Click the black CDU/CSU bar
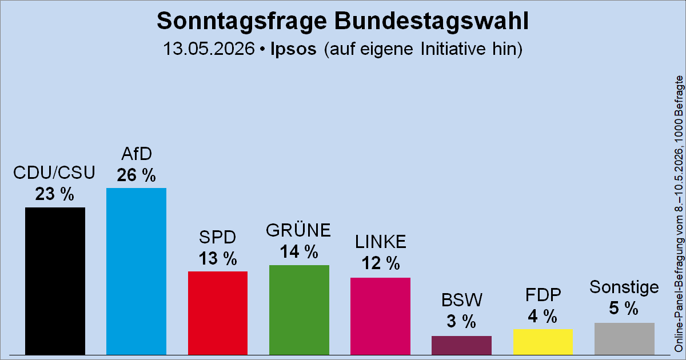click(x=55, y=281)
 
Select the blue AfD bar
click(x=136, y=271)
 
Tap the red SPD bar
click(x=218, y=313)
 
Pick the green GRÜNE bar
click(x=299, y=310)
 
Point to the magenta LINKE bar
click(x=380, y=316)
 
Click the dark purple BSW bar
click(x=461, y=345)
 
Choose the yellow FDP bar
click(x=543, y=342)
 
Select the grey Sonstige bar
click(x=624, y=339)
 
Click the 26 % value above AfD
click(x=136, y=175)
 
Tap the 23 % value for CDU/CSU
click(x=54, y=194)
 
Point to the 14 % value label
click(x=299, y=251)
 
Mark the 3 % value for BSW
click(x=461, y=321)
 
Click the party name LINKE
click(x=381, y=242)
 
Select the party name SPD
click(x=218, y=237)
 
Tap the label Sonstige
click(x=624, y=287)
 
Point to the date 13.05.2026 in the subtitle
click(x=209, y=49)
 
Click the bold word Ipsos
click(x=293, y=49)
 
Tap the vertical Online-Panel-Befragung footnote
click(x=679, y=214)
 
